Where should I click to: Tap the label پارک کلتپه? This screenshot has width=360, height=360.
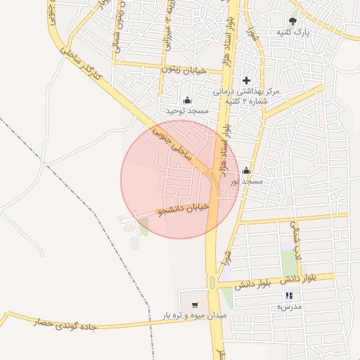(293, 32)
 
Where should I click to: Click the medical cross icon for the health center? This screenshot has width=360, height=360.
(245, 81)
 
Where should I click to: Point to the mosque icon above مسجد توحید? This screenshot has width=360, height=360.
(187, 100)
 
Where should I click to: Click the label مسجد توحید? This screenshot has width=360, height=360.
(188, 111)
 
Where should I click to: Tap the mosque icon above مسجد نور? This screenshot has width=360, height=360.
(246, 170)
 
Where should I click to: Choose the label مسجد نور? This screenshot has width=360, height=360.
(245, 181)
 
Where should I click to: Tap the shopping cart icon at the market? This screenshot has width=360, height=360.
(195, 305)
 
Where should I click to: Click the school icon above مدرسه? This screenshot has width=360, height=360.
(289, 296)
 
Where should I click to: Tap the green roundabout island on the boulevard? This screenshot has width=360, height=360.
(212, 283)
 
